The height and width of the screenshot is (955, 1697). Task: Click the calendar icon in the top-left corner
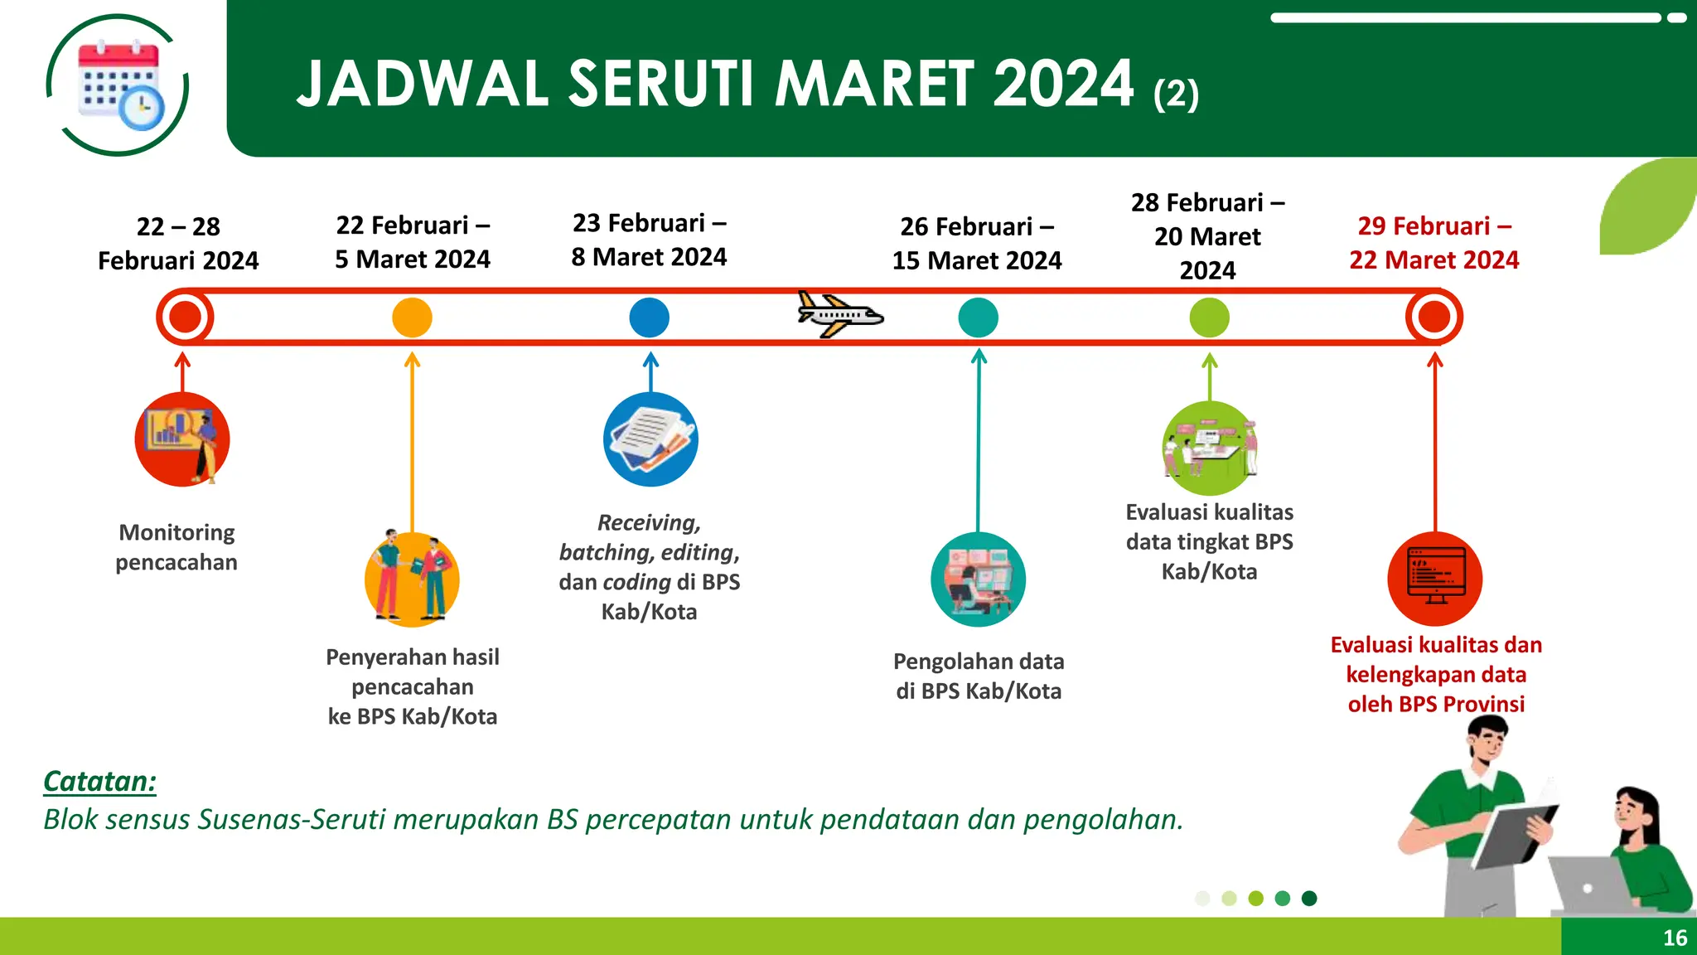click(x=118, y=85)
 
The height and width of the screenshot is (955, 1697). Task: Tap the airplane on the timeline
click(x=839, y=315)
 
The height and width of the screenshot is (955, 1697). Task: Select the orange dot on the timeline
click(x=412, y=318)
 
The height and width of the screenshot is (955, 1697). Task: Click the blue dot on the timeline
click(x=649, y=318)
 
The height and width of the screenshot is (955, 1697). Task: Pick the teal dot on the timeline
click(x=978, y=318)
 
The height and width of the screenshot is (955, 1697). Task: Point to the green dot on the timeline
click(x=1209, y=318)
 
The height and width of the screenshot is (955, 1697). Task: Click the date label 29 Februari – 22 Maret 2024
click(x=1434, y=243)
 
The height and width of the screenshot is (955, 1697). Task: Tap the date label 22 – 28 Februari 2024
click(x=178, y=244)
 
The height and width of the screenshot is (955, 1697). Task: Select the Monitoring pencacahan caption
click(x=176, y=547)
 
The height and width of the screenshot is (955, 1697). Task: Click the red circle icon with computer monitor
click(x=1435, y=579)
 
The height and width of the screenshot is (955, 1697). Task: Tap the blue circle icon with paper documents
click(x=650, y=439)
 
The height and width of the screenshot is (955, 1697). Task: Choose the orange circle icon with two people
click(x=412, y=579)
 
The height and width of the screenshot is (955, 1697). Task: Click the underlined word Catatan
click(x=99, y=782)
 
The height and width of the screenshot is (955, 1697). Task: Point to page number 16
click(x=1675, y=938)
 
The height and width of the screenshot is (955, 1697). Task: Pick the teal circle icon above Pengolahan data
click(x=978, y=579)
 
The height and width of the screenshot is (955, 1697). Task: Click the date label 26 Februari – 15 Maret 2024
click(x=977, y=244)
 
